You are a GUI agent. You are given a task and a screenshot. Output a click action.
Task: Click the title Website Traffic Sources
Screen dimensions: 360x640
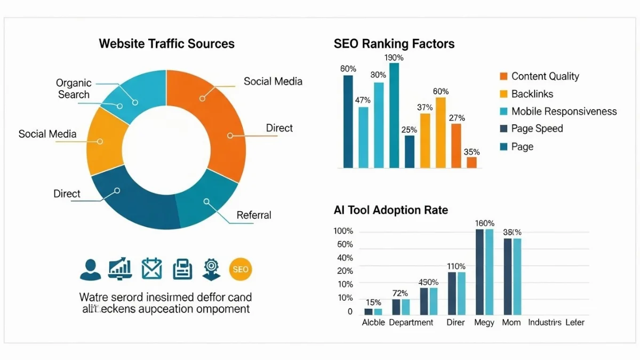[x=166, y=44]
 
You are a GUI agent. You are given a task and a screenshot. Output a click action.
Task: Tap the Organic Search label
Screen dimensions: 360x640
[x=74, y=89]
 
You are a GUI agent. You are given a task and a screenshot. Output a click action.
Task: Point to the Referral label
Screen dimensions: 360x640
[x=254, y=215]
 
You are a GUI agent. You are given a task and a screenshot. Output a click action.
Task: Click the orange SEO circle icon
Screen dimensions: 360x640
[x=240, y=269]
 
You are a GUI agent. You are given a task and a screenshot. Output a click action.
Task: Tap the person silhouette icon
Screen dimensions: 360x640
[x=90, y=269]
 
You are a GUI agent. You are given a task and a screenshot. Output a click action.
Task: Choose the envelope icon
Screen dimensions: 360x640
[x=151, y=269]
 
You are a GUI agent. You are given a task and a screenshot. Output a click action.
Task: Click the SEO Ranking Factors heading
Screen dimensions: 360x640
[x=394, y=44]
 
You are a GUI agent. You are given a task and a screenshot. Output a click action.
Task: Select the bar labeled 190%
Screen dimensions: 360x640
[x=394, y=115]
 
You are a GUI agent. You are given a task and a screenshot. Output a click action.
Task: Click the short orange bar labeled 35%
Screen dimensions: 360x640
[x=471, y=162]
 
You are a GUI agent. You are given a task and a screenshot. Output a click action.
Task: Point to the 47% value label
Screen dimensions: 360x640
[x=363, y=100]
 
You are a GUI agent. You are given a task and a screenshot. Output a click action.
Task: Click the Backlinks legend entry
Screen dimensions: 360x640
[x=532, y=94]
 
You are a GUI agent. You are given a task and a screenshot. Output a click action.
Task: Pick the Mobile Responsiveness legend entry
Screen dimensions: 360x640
[x=564, y=111]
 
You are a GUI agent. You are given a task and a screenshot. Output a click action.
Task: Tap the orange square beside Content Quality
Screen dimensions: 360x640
[x=503, y=76]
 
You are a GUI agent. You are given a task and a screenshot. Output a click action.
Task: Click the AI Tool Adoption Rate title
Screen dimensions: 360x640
[x=391, y=210]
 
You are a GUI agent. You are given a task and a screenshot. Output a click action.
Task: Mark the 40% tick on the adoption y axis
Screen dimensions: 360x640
[x=345, y=258]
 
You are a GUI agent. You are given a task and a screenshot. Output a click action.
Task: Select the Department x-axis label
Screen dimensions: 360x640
[x=411, y=323]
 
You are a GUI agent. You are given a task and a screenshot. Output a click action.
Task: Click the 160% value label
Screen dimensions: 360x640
[x=484, y=223]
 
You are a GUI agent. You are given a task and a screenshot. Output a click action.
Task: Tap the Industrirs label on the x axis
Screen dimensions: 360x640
[x=545, y=323]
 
